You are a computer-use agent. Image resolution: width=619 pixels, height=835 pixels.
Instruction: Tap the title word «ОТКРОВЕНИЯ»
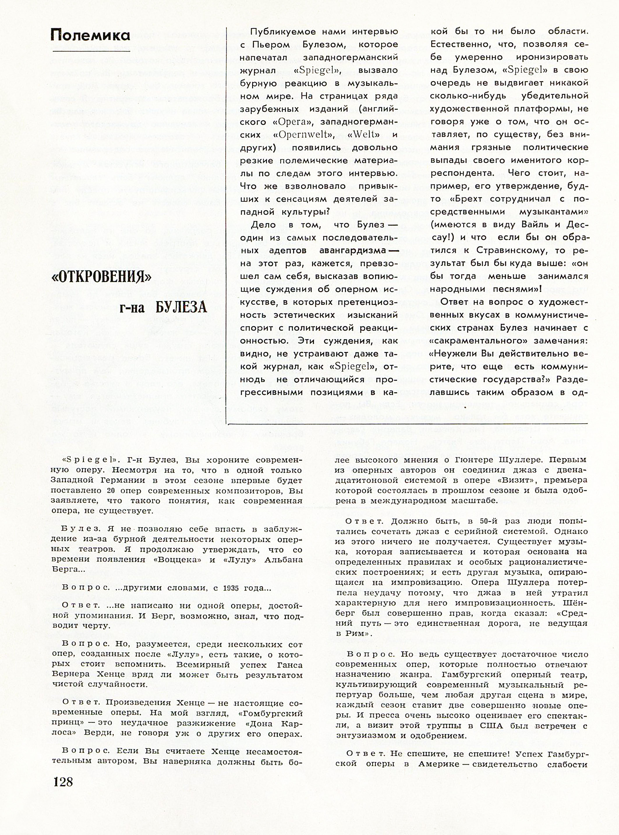[101, 277]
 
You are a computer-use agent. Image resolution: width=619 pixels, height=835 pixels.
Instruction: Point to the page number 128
[63, 781]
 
